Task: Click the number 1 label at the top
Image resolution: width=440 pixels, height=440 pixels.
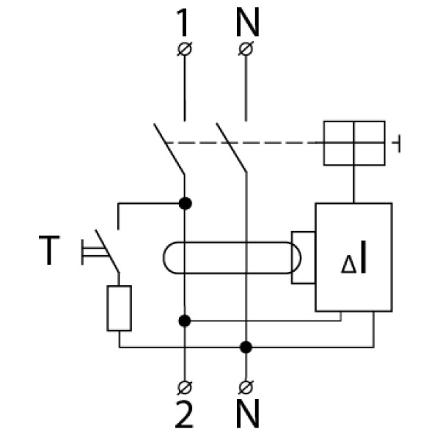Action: [183, 24]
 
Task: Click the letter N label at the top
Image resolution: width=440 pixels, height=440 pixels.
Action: [247, 24]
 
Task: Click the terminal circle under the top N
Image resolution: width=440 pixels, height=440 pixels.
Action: [246, 50]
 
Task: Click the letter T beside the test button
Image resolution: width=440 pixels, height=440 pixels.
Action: [48, 252]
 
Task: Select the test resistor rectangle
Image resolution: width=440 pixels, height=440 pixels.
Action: [120, 308]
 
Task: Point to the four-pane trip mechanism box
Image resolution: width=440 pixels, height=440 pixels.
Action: [354, 143]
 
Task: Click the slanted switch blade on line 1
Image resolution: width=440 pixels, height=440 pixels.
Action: [170, 150]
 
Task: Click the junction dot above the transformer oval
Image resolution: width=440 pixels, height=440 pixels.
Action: [184, 203]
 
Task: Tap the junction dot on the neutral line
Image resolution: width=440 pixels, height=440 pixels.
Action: [246, 345]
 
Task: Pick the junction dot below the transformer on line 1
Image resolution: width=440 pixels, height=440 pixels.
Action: [184, 320]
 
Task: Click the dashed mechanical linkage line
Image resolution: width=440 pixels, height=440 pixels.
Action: [242, 143]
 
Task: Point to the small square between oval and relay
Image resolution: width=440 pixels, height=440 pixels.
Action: [304, 257]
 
